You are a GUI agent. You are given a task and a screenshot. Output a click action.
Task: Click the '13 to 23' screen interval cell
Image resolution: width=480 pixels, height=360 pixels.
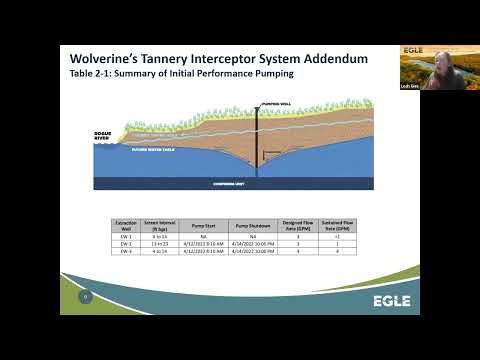coord(158,243)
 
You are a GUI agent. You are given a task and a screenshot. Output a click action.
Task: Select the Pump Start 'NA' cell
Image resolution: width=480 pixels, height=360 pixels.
coord(205,237)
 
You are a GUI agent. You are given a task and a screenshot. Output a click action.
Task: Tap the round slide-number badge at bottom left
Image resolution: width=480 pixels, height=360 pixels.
coord(86,296)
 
